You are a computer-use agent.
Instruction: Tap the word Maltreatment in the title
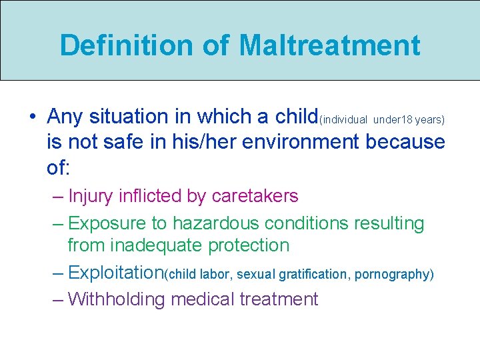click(329, 45)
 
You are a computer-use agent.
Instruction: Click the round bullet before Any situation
click(33, 117)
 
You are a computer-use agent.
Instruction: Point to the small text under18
click(393, 120)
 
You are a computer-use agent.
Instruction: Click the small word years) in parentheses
click(430, 120)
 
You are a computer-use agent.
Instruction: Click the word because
click(409, 141)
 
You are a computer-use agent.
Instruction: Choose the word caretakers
click(255, 196)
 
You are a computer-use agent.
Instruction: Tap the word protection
click(249, 245)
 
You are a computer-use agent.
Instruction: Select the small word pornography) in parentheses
click(394, 274)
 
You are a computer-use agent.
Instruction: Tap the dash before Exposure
click(57, 223)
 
